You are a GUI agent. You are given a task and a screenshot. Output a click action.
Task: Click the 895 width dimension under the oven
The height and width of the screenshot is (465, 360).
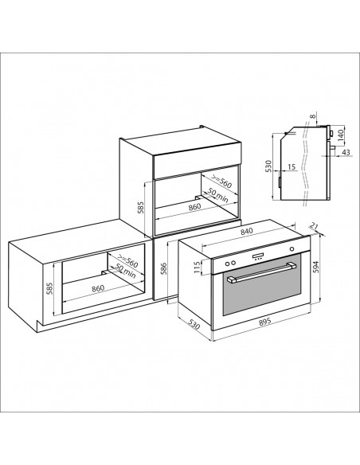[x=264, y=322]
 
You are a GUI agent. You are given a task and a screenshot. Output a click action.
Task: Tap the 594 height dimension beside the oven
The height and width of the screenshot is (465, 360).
[x=315, y=268]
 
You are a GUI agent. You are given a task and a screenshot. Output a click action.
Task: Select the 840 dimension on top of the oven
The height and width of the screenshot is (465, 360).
[x=246, y=232]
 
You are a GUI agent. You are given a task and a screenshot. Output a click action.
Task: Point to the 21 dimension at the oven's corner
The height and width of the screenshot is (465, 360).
[x=314, y=226]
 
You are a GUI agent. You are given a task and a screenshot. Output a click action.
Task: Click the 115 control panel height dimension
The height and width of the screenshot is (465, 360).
[x=197, y=268]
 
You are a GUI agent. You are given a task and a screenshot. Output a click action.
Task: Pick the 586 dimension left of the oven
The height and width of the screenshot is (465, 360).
[x=163, y=268]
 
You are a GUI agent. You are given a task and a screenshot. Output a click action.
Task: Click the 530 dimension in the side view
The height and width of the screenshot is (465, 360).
[x=268, y=166]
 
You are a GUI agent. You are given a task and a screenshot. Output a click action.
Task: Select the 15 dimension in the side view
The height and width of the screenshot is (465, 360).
[x=292, y=167]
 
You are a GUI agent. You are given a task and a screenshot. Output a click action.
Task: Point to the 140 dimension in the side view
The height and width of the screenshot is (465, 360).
[x=340, y=135]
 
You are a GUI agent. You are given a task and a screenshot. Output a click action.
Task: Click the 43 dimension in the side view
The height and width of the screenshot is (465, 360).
[x=346, y=152]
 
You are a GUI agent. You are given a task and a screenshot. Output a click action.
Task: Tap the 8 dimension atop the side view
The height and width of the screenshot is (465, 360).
[x=313, y=116]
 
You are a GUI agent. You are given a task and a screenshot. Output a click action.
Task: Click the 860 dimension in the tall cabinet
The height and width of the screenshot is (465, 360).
[x=195, y=206]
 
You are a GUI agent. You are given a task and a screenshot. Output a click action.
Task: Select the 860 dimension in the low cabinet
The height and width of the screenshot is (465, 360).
[x=98, y=288]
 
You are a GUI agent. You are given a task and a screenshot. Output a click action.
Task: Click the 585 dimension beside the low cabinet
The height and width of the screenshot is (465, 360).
[x=49, y=288]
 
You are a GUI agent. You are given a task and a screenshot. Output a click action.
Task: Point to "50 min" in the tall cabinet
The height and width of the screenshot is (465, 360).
[x=218, y=195]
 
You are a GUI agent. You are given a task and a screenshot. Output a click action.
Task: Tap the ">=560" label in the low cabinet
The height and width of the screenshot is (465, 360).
[x=127, y=260]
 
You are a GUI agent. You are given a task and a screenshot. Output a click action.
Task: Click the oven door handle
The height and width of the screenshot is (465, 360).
[x=261, y=272]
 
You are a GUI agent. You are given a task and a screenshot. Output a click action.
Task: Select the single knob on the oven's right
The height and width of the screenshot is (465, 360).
[x=292, y=248]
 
